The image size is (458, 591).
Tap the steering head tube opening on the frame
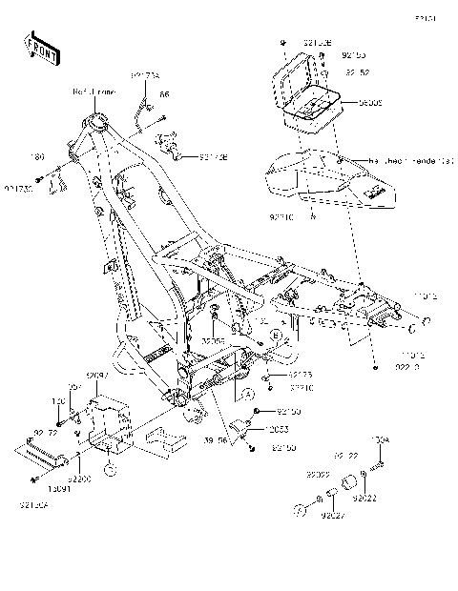point(97,121)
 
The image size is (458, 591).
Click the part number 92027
point(332,516)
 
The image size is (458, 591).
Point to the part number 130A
point(379,439)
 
